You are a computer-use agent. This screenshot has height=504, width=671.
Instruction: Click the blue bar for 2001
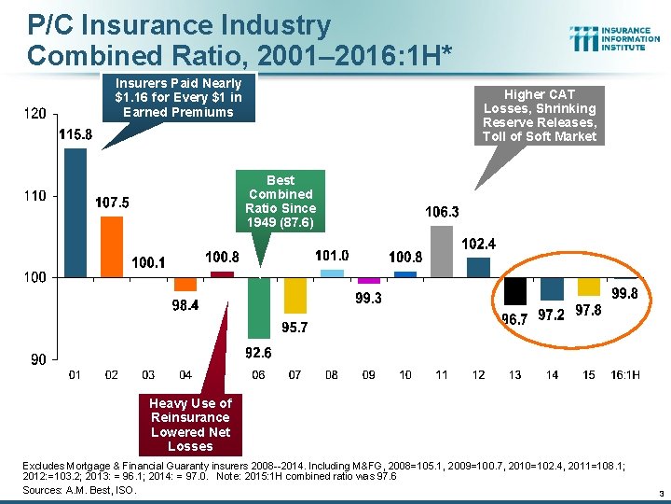tap(75, 213)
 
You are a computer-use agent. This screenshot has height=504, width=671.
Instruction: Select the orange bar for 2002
tap(112, 246)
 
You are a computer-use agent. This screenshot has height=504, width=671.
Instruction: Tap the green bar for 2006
tap(259, 307)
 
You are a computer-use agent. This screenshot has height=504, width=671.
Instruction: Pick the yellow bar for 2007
tap(295, 295)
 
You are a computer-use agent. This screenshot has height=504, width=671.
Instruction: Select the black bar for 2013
tap(515, 291)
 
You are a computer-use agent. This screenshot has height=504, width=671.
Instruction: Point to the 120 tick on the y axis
tap(34, 114)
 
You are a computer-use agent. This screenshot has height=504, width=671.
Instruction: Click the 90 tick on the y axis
tap(38, 359)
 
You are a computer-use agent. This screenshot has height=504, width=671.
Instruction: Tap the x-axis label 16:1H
tap(624, 375)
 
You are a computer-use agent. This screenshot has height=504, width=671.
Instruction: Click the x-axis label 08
tap(332, 375)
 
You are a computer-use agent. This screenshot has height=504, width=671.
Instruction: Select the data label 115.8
tap(75, 135)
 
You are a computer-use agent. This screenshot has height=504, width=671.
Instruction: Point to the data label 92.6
tap(259, 353)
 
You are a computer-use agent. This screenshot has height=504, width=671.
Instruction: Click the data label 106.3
tap(442, 212)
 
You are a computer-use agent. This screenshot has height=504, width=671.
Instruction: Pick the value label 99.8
tap(624, 293)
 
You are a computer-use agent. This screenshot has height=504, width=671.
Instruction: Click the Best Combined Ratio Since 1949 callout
tap(281, 202)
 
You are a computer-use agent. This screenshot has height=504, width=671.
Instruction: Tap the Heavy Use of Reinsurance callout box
tap(190, 424)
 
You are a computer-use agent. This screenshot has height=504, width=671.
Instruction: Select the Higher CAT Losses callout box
tap(540, 116)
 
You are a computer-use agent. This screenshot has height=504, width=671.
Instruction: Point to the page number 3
tap(658, 492)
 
